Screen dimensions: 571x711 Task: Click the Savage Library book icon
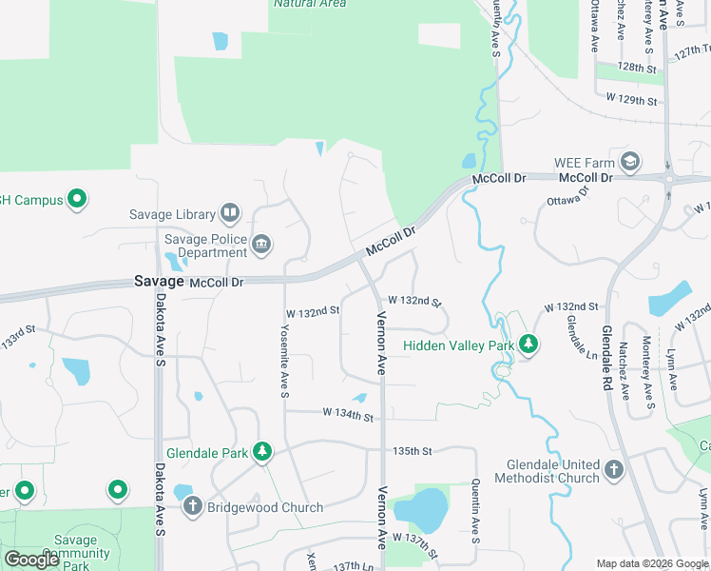tap(229, 212)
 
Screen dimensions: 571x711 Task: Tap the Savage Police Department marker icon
tap(261, 246)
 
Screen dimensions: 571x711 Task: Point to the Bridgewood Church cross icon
tap(192, 506)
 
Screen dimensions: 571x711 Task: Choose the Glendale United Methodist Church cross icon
tap(614, 469)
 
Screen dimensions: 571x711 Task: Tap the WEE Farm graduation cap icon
tap(628, 162)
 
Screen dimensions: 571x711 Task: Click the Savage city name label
tap(157, 282)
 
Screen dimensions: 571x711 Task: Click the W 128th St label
tap(637, 69)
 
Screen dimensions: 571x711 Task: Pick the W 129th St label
tap(631, 99)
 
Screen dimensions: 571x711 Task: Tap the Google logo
tap(31, 560)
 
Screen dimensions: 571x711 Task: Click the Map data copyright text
tap(652, 563)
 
